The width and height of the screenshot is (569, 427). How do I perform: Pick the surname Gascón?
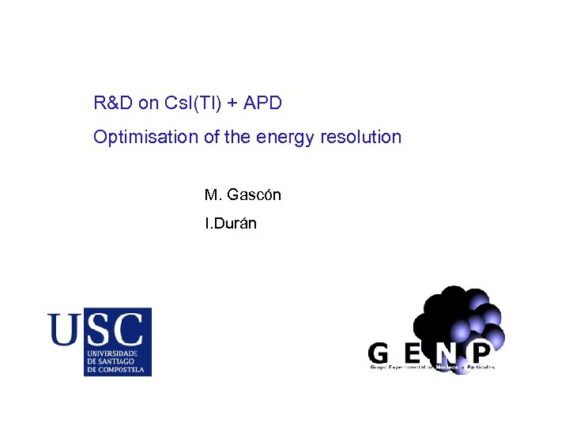pos(254,195)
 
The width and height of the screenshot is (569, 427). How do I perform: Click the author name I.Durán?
pos(230,224)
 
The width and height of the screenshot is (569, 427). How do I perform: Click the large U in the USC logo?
pos(64,329)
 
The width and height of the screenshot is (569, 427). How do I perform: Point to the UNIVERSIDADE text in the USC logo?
pos(112,353)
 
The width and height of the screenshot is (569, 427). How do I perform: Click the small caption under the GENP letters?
pos(431,368)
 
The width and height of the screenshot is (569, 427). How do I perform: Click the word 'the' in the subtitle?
pos(236,137)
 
